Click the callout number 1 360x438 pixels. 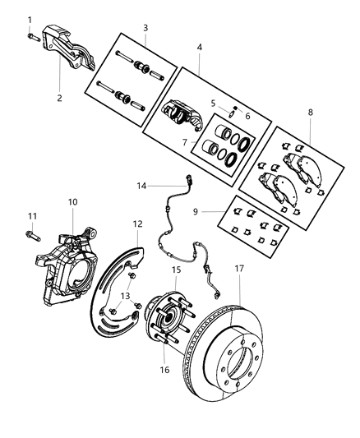pos(30,19)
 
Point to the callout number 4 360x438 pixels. pos(200,48)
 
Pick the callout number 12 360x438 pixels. pos(138,224)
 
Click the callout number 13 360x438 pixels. pos(126,297)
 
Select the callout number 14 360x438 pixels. pos(141,187)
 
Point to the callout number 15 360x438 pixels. pos(176,270)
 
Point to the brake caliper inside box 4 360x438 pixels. pos(182,113)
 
